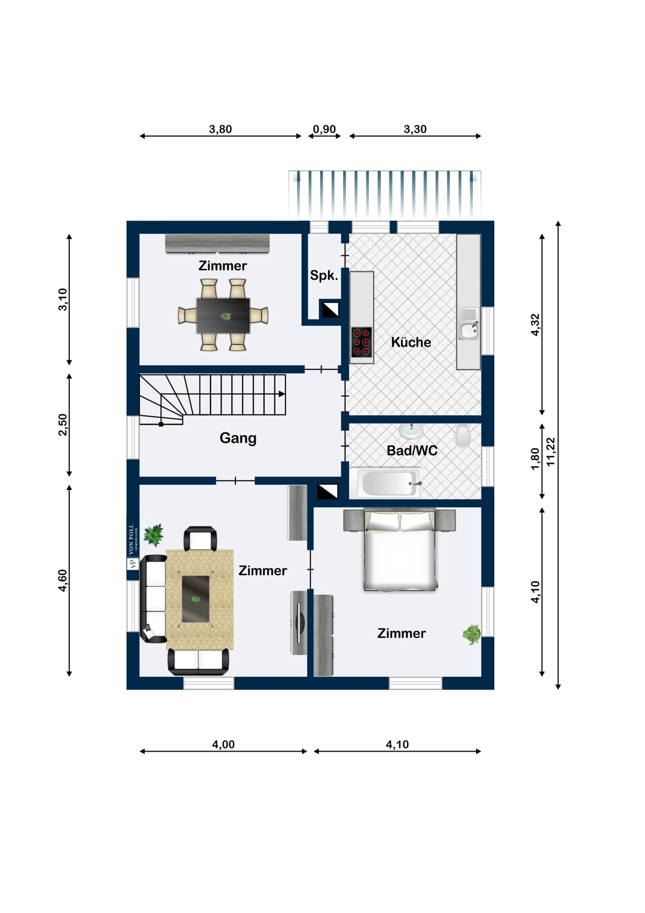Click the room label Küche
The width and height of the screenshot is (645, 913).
[411, 342]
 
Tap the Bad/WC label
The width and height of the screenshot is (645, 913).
[412, 450]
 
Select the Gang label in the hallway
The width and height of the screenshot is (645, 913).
[238, 438]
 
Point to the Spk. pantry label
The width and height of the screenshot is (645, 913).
[324, 275]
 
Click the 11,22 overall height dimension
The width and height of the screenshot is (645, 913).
[551, 452]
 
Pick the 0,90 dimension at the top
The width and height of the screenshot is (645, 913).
[324, 129]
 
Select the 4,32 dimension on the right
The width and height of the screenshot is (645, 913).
[535, 324]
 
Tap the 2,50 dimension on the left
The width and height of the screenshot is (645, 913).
[63, 424]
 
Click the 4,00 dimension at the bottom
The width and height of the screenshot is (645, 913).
[223, 744]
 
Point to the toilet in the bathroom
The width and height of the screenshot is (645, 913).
[463, 435]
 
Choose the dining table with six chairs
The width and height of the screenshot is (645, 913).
[223, 315]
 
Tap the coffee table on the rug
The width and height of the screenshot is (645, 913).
[196, 600]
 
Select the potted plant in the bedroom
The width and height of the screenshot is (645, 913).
[471, 635]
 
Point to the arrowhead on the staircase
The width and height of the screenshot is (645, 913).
[282, 394]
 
